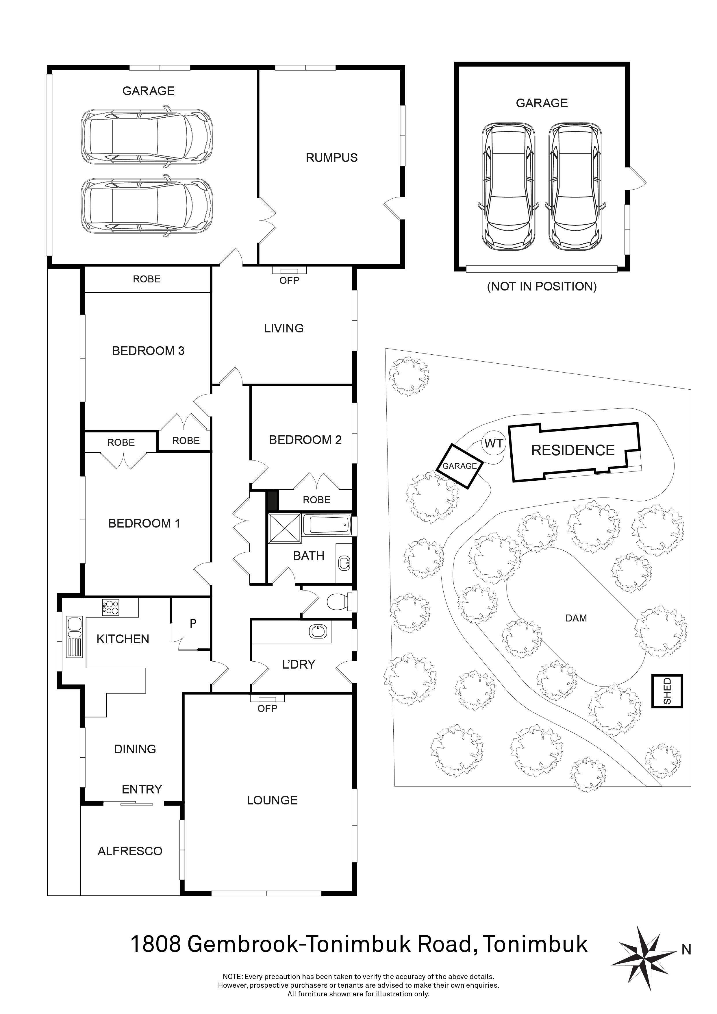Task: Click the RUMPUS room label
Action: pos(331,158)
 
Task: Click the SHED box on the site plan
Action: pos(667,691)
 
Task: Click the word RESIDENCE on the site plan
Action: pos(573,450)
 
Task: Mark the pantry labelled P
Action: pos(193,623)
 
